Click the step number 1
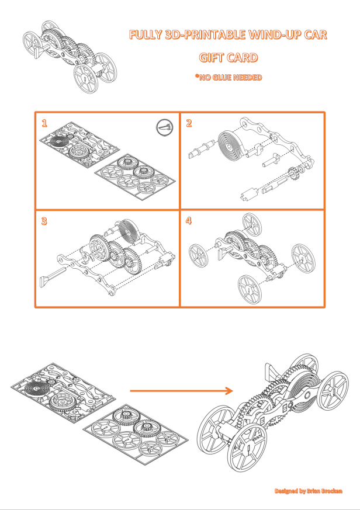[44, 123]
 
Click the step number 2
[189, 123]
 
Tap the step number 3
[44, 221]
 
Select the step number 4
[189, 221]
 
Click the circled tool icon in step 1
[165, 127]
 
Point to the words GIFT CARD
[228, 58]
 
